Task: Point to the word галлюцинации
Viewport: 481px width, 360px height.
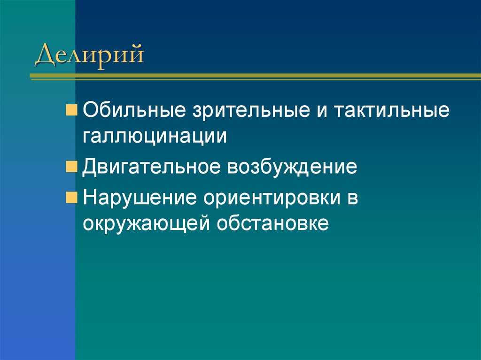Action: [155, 136]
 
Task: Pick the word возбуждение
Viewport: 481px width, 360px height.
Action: [292, 167]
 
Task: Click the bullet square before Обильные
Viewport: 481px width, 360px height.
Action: [71, 111]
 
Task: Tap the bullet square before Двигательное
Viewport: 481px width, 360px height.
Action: [71, 166]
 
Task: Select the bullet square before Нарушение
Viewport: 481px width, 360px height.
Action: [71, 196]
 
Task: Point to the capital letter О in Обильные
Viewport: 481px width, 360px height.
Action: [91, 112]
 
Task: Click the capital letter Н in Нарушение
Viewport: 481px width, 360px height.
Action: [90, 198]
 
